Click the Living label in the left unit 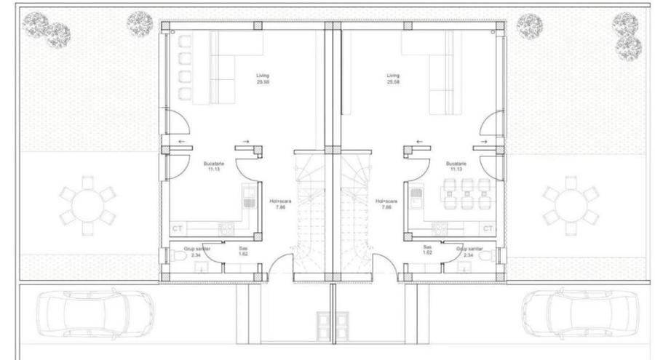pyautogui.click(x=263, y=75)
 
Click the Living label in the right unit pyautogui.click(x=394, y=75)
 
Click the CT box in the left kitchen pyautogui.click(x=176, y=228)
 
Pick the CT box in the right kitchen pyautogui.click(x=488, y=228)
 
